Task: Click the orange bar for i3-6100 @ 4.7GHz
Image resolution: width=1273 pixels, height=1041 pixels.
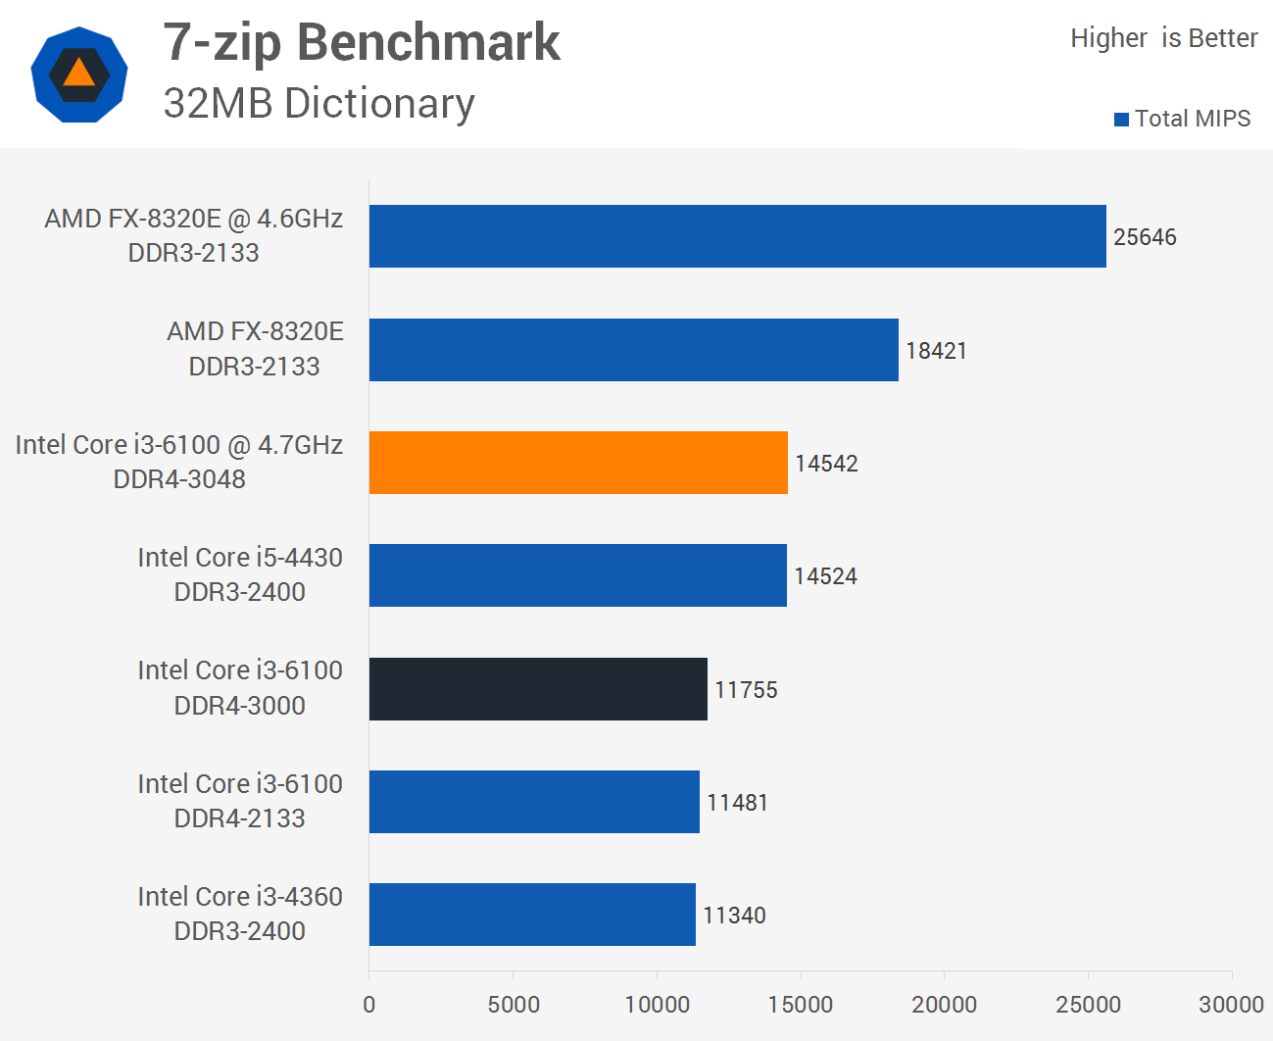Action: [578, 463]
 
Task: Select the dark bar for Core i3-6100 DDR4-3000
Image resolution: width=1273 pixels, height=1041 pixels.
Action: [538, 689]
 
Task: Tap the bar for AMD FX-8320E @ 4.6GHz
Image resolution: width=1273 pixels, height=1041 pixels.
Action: [737, 236]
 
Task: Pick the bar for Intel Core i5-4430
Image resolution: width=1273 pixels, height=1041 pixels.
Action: [577, 575]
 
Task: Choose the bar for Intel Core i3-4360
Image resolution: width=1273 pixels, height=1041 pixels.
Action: [532, 915]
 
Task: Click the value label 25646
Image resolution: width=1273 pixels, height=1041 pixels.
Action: [1145, 237]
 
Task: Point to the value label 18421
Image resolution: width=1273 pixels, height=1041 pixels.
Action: [936, 351]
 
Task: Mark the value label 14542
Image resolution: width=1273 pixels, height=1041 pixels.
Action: [826, 464]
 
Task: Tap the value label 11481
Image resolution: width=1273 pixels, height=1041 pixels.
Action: [737, 803]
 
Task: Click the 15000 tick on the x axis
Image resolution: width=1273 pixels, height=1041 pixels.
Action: [801, 1005]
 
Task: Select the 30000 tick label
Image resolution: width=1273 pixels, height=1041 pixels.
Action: [1231, 1005]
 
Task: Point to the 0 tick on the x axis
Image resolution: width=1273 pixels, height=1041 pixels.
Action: [369, 1005]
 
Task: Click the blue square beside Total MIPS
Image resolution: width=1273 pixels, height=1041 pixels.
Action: [1121, 120]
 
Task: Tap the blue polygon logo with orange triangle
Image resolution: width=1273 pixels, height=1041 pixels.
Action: [79, 74]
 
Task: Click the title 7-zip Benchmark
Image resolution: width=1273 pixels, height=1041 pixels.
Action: [362, 42]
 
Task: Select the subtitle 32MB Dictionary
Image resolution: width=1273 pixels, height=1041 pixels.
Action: [318, 103]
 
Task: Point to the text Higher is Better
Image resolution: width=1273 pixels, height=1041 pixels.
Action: [1163, 38]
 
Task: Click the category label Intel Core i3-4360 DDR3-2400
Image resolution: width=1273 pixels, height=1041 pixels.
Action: [240, 914]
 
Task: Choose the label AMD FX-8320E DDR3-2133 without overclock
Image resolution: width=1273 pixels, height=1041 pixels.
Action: [255, 348]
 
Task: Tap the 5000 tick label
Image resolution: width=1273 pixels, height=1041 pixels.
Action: [514, 1005]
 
